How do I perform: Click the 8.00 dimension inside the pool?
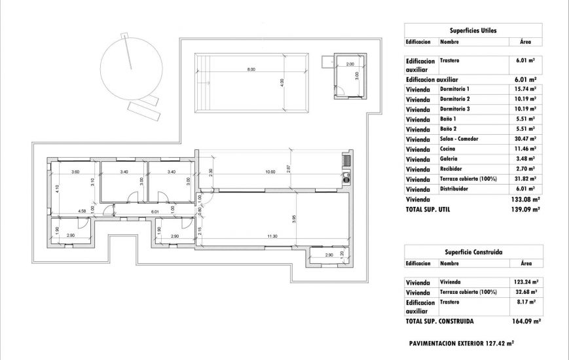click(251, 69)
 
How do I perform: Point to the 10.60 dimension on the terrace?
click(270, 172)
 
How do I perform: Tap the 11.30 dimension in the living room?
click(272, 236)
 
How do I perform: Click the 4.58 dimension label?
click(82, 211)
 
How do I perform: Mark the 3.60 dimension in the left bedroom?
click(75, 172)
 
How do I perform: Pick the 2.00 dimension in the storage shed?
click(350, 64)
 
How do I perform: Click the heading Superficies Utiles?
click(473, 30)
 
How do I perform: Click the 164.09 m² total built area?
click(526, 322)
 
